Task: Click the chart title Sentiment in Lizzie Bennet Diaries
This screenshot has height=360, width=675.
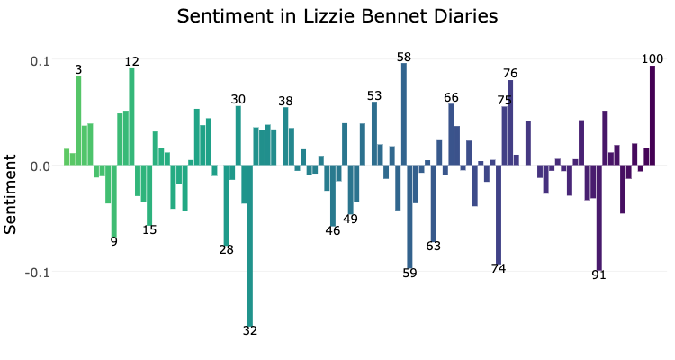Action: point(337,17)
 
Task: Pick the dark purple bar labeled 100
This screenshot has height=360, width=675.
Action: point(652,116)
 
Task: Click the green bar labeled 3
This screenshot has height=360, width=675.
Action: point(78,121)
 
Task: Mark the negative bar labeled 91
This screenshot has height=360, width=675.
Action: point(599,217)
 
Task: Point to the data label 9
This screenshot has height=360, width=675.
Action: point(114,241)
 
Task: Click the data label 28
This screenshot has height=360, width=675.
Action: point(226,250)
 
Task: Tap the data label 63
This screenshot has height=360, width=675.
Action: point(434,247)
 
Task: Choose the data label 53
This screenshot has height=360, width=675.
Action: point(374,95)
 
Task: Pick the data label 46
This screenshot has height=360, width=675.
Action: point(333,231)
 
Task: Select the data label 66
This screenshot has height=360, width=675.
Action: point(451,97)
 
